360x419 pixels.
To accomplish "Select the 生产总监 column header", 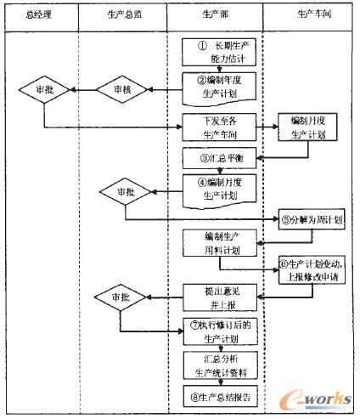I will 121,14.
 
